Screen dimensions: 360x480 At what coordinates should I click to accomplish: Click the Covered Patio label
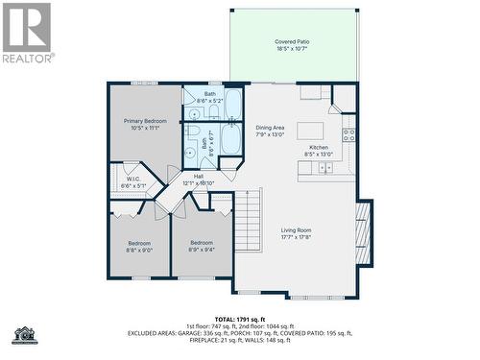292,42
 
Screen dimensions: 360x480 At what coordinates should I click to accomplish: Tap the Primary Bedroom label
145,121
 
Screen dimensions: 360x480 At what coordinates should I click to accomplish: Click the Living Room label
296,230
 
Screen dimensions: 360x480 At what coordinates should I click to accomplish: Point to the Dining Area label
270,128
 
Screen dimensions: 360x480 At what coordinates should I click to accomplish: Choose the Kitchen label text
319,147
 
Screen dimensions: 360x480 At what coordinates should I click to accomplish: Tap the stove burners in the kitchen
349,134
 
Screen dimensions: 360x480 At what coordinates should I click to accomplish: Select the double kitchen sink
325,167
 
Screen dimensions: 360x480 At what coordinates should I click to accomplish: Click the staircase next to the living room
248,220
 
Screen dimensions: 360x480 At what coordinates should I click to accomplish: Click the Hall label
198,176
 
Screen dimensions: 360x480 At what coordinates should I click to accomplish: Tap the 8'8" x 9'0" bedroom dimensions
139,250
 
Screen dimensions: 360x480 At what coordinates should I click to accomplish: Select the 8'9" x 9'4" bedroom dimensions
202,250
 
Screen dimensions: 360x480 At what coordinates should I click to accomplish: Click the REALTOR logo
27,33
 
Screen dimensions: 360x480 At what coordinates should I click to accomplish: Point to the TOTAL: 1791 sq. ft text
240,318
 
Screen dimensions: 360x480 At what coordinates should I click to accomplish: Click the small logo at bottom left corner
24,335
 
